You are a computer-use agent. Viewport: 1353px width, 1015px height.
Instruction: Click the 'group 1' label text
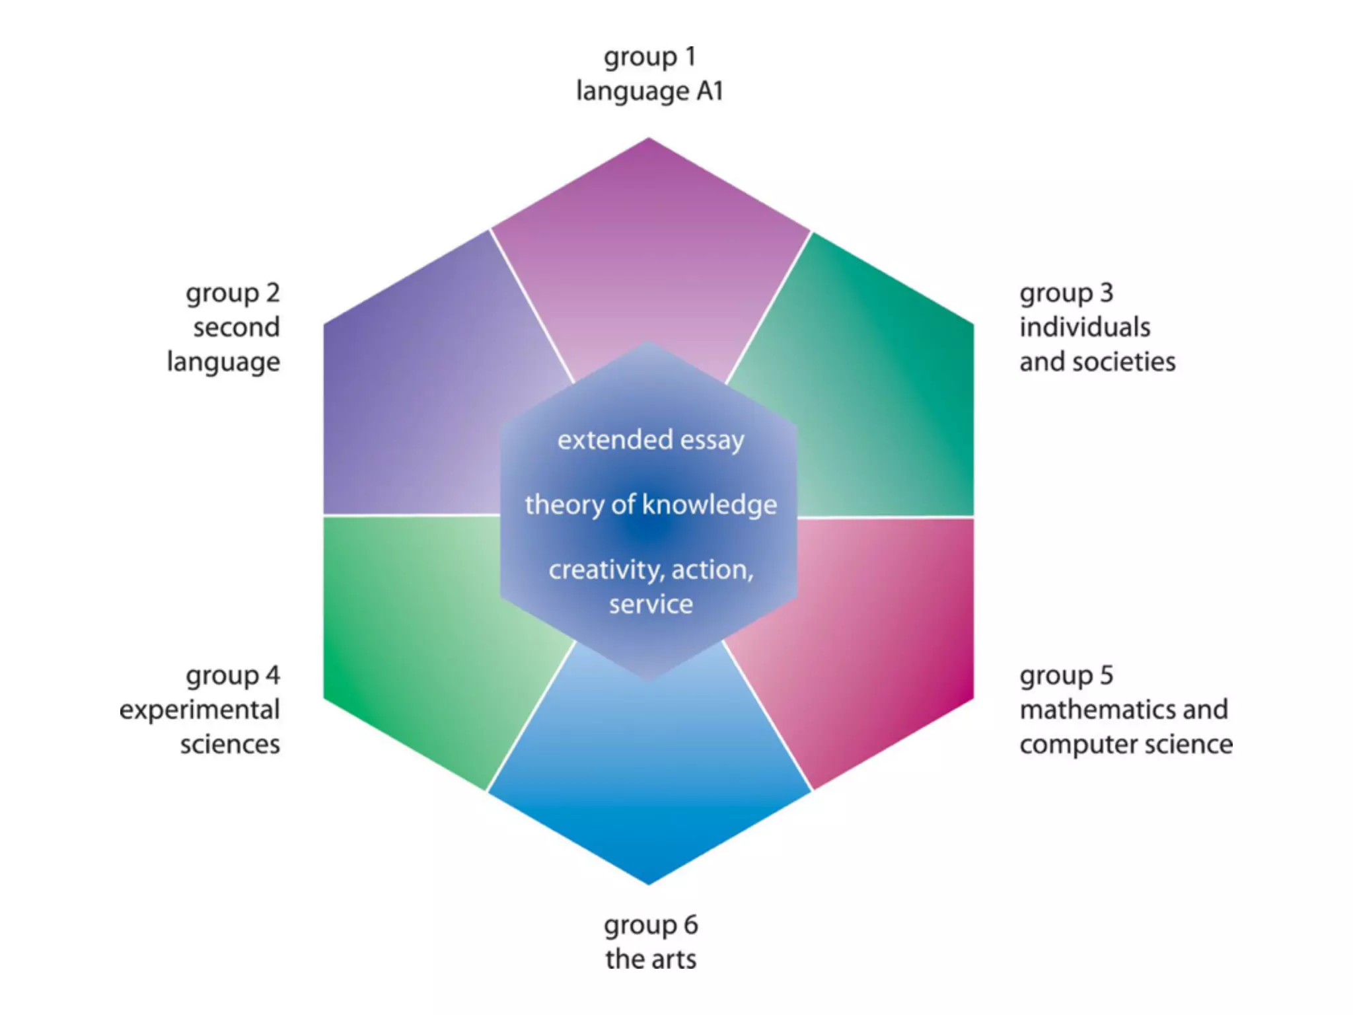pos(649,57)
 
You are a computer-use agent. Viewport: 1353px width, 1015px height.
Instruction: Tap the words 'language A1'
pos(649,91)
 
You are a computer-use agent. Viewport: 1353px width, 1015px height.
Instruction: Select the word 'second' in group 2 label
pos(237,327)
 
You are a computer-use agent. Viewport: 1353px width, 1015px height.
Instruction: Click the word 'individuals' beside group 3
pos(1085,327)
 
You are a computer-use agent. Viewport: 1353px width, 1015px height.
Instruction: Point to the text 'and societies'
pos(1097,361)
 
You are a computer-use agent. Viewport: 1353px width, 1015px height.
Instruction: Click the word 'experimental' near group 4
pos(200,710)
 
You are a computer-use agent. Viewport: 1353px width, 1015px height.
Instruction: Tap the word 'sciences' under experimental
pos(230,744)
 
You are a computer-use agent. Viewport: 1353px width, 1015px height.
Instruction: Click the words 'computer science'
pos(1126,744)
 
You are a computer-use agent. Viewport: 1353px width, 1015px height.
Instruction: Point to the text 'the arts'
pos(651,959)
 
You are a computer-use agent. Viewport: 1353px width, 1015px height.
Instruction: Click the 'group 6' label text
pos(651,925)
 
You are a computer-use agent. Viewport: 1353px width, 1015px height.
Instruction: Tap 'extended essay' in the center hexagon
pos(651,440)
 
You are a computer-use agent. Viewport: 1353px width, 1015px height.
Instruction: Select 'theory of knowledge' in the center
pos(651,505)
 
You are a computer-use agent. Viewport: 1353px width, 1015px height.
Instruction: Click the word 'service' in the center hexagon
pos(651,604)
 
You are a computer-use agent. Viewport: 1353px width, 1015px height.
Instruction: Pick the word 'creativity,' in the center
pos(606,570)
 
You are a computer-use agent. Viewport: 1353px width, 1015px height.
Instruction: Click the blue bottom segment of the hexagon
pos(649,780)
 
